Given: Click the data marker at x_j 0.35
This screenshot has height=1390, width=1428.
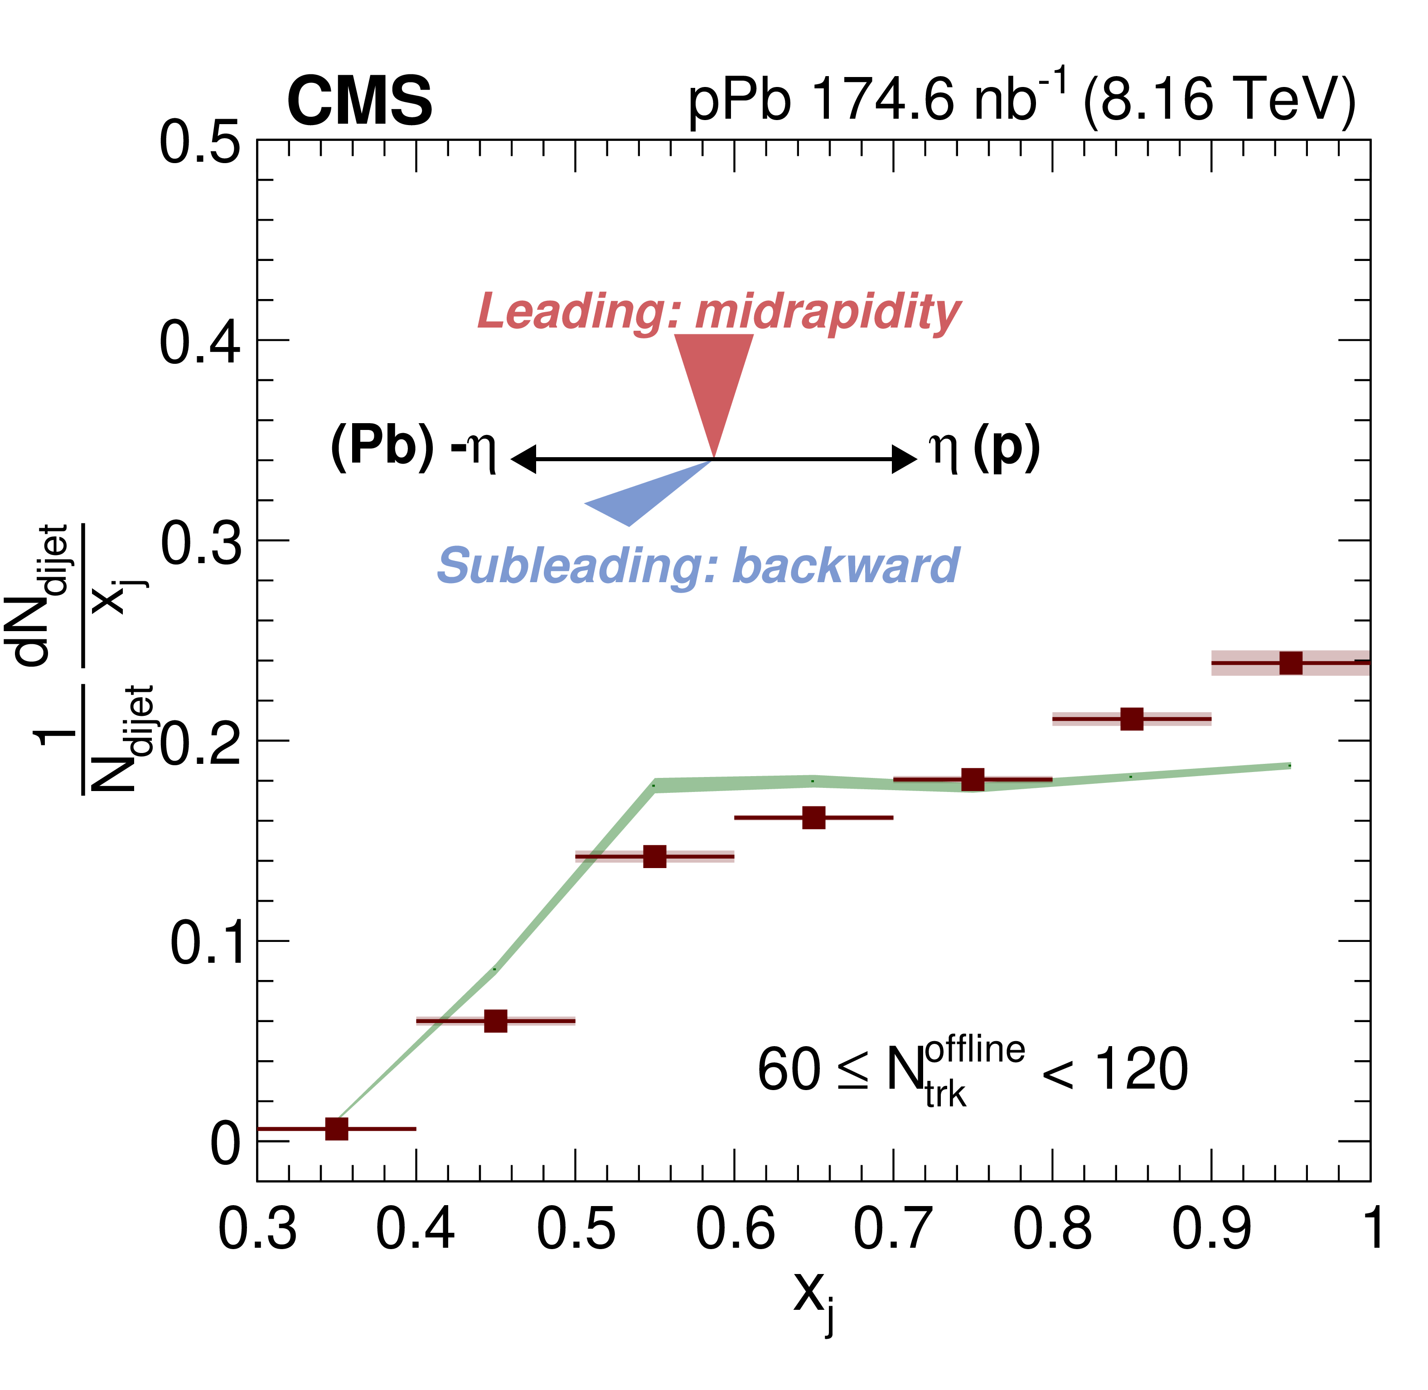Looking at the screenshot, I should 337,1129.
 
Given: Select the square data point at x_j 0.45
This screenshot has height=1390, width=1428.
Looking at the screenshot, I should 496,1021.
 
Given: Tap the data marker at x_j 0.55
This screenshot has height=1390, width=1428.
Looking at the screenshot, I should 655,856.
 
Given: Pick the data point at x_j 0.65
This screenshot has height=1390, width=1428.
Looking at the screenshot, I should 814,818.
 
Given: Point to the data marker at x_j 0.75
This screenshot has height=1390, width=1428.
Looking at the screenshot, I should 973,780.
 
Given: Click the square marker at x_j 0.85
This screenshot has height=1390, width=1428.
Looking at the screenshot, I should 1132,719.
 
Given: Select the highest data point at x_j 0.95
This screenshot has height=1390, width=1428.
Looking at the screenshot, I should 1291,663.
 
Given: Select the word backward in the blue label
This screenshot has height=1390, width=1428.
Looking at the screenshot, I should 845,566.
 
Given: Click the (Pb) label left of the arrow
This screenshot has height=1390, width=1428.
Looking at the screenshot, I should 382,446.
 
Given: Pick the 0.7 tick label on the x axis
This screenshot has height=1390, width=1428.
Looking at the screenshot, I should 892,1230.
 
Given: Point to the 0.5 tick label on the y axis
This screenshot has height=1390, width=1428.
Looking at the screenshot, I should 199,142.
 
